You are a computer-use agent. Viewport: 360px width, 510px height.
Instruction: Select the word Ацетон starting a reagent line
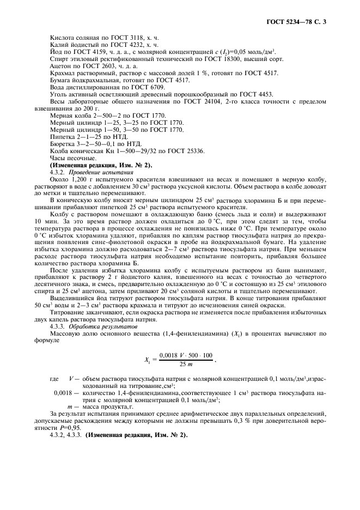[59, 65]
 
